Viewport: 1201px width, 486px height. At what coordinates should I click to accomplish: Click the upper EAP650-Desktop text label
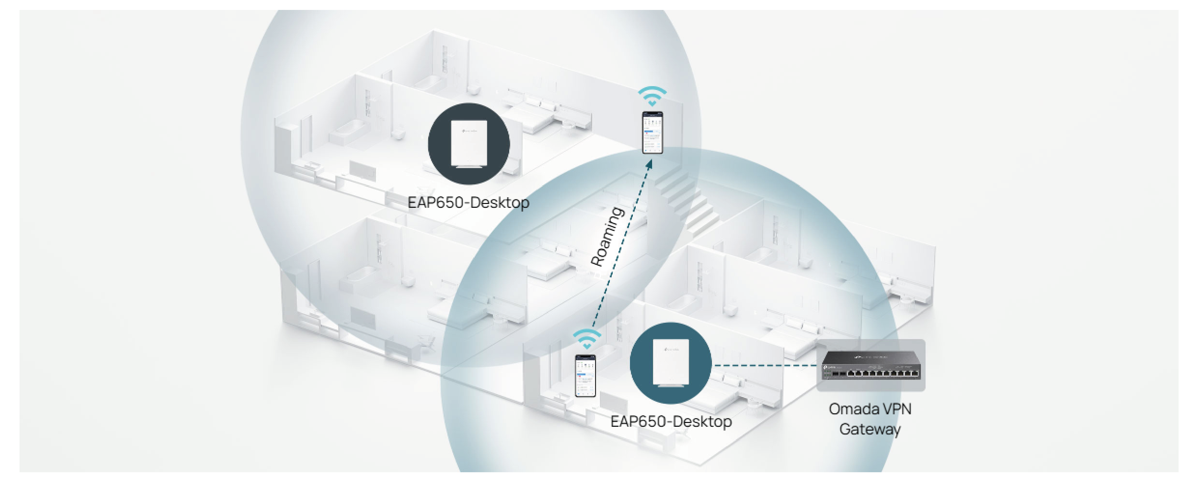[x=468, y=203]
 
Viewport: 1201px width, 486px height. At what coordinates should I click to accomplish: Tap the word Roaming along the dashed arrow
[x=607, y=237]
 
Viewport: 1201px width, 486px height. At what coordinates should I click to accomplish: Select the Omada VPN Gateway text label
[x=870, y=418]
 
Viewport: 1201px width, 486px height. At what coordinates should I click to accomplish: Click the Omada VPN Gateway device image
[x=870, y=366]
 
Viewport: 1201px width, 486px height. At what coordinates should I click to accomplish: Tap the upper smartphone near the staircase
[x=652, y=132]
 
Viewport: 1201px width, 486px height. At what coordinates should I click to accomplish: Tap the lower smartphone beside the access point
[x=585, y=376]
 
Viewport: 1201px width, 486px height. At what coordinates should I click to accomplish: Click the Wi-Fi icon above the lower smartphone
[x=587, y=339]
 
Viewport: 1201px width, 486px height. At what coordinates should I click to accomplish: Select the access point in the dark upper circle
[x=469, y=143]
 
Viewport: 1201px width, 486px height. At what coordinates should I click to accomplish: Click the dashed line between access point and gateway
[x=764, y=365]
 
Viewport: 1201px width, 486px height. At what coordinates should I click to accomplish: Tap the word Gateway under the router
[x=870, y=429]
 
